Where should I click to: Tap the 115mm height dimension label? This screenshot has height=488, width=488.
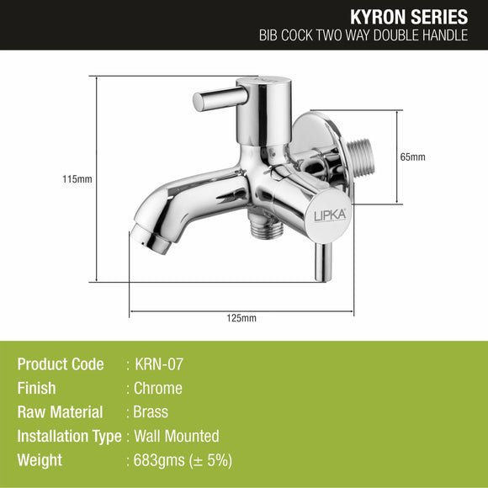tap(77, 179)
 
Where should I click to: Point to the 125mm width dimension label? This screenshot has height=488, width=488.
tap(242, 317)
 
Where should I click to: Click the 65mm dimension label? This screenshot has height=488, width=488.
tap(413, 157)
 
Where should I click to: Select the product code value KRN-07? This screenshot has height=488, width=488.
tap(160, 364)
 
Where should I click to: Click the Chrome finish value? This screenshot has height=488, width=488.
tap(158, 388)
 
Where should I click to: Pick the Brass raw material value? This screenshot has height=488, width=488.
tap(151, 412)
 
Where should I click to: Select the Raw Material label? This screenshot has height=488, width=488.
tap(60, 412)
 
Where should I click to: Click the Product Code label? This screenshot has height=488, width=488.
tap(61, 364)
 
